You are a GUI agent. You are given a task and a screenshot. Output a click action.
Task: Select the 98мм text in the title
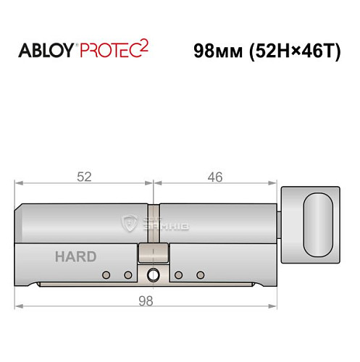pos(221,51)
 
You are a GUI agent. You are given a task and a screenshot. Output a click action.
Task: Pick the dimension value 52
pos(85,177)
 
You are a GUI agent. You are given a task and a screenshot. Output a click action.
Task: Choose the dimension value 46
pos(214,177)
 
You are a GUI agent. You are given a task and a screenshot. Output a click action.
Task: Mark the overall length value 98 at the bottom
pos(147,301)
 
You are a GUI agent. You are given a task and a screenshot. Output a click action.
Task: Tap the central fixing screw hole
pos(153,275)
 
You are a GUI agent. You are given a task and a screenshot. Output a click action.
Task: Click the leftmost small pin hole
pos(106,275)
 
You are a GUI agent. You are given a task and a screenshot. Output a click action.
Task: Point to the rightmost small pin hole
pos(200,275)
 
